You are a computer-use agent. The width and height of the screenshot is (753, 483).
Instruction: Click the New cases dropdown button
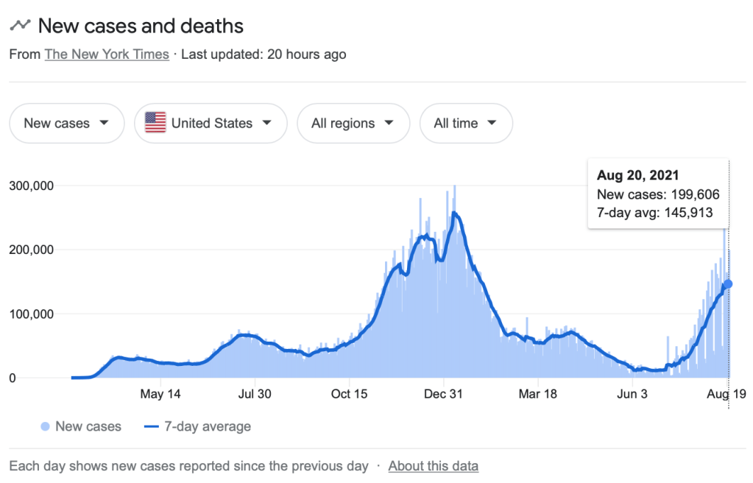(x=66, y=123)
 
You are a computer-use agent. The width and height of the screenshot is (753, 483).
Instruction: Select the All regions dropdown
(x=353, y=123)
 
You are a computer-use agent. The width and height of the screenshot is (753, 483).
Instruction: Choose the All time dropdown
(x=465, y=123)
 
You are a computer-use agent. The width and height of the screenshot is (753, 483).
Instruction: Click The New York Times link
(x=107, y=54)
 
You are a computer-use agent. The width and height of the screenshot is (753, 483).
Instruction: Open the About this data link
(x=433, y=465)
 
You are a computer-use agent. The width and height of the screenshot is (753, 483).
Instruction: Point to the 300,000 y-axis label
(x=31, y=186)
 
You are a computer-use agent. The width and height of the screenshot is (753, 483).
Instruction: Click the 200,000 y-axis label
(x=31, y=250)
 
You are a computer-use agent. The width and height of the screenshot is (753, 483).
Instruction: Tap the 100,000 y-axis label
(x=31, y=314)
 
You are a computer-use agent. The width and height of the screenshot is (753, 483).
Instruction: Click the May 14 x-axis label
(x=160, y=394)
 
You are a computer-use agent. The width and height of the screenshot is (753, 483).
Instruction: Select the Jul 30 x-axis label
(x=254, y=394)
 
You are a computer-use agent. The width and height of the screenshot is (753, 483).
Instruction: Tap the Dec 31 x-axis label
(x=444, y=394)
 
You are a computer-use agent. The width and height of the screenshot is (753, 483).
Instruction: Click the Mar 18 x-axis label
(x=537, y=394)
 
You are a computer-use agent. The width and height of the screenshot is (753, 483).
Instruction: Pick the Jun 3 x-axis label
(x=632, y=394)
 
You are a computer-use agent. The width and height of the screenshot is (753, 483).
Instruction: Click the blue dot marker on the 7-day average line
(x=728, y=284)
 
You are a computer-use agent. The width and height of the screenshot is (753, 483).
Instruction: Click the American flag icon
(x=155, y=123)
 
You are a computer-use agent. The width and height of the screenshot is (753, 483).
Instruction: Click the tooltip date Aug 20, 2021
(x=637, y=176)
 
